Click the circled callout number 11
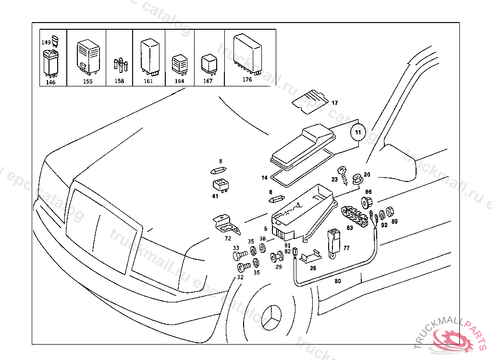pyautogui.click(x=357, y=131)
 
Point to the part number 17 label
pyautogui.click(x=334, y=103)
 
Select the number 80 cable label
pyautogui.click(x=337, y=281)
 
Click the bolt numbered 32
pyautogui.click(x=242, y=267)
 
